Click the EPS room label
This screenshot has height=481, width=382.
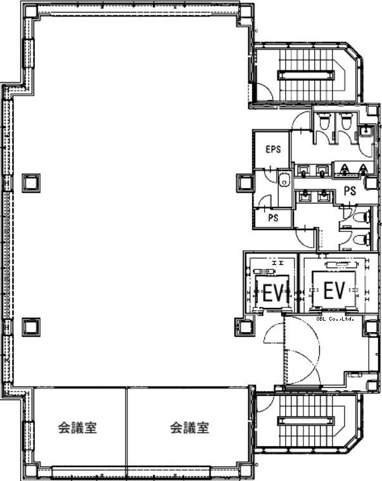(x=273, y=150)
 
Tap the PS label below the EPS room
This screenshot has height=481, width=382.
(x=273, y=218)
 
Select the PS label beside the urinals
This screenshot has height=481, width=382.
(x=350, y=191)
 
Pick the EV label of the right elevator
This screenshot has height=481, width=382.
(x=334, y=290)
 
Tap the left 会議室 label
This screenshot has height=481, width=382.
(x=77, y=428)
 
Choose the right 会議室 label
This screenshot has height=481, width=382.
(x=190, y=428)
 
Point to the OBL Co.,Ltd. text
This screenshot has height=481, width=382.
(x=335, y=319)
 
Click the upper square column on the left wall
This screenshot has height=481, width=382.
(x=31, y=183)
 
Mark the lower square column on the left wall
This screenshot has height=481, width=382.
(x=31, y=327)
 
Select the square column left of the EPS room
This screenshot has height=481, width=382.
(x=245, y=183)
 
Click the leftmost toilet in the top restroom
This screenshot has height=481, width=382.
(x=323, y=122)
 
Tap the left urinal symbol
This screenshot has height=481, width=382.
(x=345, y=169)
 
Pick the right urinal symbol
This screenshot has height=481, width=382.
(x=363, y=169)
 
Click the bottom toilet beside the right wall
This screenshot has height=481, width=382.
(x=361, y=239)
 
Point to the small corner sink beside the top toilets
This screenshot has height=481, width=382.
(x=366, y=131)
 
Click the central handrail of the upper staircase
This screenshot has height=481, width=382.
(x=305, y=75)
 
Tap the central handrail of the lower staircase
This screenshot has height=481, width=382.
(x=305, y=421)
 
